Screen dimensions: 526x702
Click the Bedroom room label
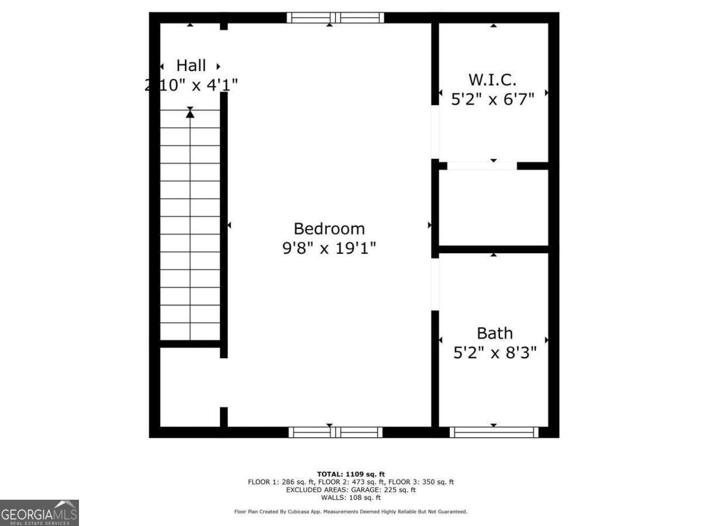pos(329,229)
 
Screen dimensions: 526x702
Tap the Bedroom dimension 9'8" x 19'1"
pos(329,248)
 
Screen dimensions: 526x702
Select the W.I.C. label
pos(493,79)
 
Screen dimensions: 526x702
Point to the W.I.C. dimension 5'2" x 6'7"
pos(493,99)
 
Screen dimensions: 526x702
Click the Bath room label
pos(494,333)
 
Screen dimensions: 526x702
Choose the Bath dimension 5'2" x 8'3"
pos(495,353)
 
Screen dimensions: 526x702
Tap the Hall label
pos(191,65)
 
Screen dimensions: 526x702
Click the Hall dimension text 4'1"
pos(221,85)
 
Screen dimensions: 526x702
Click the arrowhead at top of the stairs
pos(190,113)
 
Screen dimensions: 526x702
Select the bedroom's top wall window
pos(335,18)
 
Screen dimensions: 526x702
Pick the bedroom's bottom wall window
pos(335,432)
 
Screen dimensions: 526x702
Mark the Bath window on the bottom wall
pos(494,432)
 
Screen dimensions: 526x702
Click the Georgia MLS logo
pos(39,513)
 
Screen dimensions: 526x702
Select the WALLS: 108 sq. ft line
pos(351,498)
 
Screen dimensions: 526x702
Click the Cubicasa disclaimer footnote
pos(351,512)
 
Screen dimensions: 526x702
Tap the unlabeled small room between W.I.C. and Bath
pos(493,207)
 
